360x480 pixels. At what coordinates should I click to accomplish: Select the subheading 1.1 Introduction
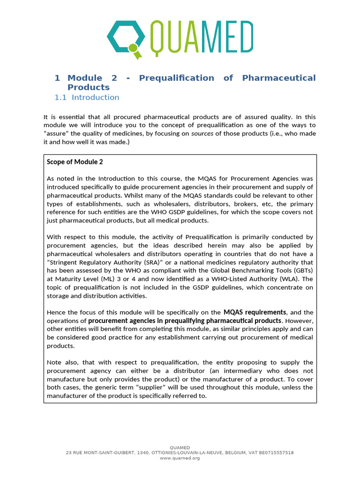[87, 97]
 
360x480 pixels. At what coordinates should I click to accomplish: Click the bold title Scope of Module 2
[75, 162]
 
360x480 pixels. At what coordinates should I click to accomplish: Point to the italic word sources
[201, 134]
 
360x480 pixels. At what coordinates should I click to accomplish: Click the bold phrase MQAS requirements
[255, 312]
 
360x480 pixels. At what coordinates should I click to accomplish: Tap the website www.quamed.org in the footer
[180, 458]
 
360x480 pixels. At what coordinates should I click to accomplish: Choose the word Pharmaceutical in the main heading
[279, 78]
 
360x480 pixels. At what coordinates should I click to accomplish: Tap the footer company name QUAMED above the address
[180, 448]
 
